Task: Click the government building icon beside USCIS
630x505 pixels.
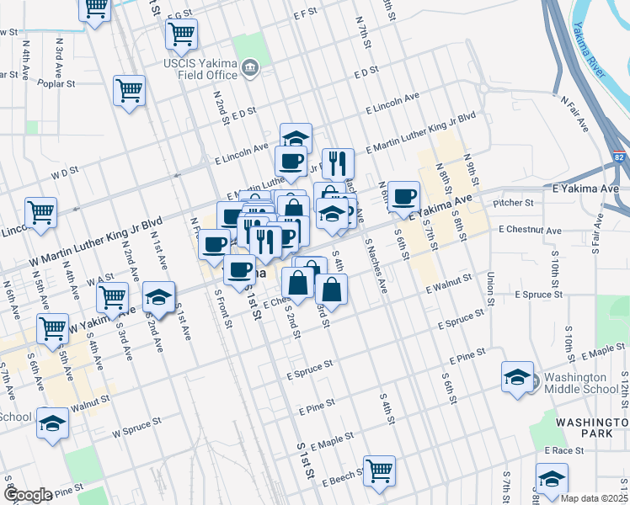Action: (x=249, y=68)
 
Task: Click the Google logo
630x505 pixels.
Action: (x=27, y=495)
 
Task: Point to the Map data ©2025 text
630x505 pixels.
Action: (x=595, y=498)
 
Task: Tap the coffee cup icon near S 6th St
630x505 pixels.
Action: (x=403, y=196)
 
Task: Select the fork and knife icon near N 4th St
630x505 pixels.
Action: (x=338, y=162)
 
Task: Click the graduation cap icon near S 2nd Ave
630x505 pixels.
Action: (x=158, y=297)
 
